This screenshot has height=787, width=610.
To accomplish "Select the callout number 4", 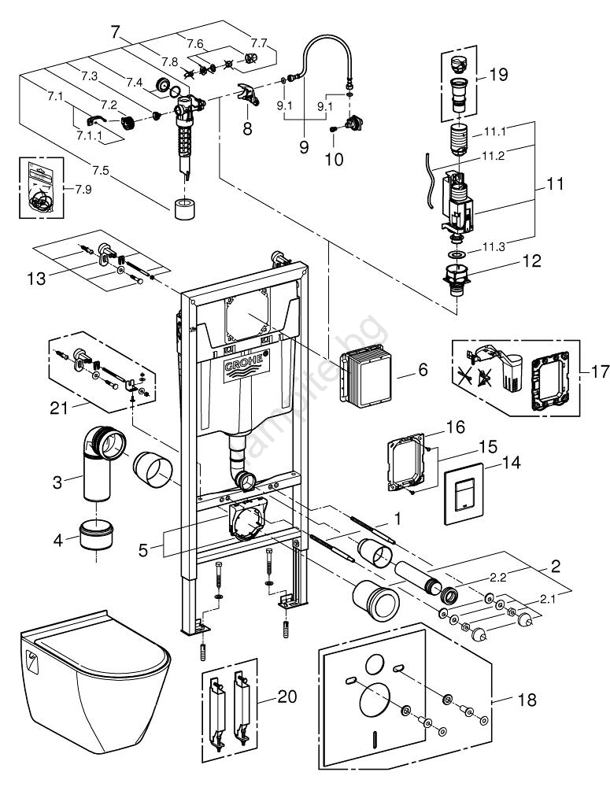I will tap(57, 540).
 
